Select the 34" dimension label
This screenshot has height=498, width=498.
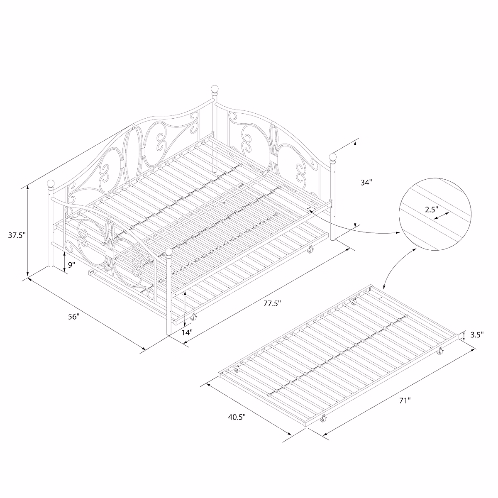pyautogui.click(x=366, y=182)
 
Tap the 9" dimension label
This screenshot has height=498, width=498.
pyautogui.click(x=71, y=264)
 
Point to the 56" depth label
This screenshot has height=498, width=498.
pyautogui.click(x=73, y=317)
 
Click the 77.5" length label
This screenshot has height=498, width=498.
pyautogui.click(x=272, y=303)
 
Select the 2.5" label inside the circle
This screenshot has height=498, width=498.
pyautogui.click(x=432, y=210)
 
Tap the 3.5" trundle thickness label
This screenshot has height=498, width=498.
pyautogui.click(x=477, y=335)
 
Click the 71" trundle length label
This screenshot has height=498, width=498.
pyautogui.click(x=405, y=400)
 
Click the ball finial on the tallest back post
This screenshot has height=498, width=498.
pyautogui.click(x=215, y=89)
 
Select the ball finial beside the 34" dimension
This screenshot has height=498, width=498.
pyautogui.click(x=332, y=157)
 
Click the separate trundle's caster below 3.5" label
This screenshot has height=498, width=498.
pyautogui.click(x=440, y=353)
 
